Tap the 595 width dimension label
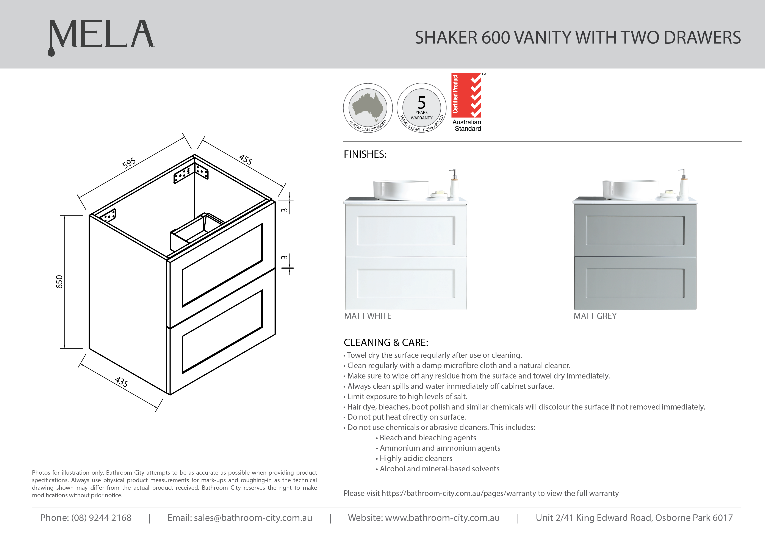tap(129, 163)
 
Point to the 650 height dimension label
tap(59, 282)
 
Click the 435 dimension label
tap(121, 382)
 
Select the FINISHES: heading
tap(365, 155)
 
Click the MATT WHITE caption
tap(368, 316)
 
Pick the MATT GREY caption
tap(595, 316)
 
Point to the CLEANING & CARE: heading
tap(386, 342)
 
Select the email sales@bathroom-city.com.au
tap(253, 518)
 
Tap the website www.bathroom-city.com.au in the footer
tap(442, 518)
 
